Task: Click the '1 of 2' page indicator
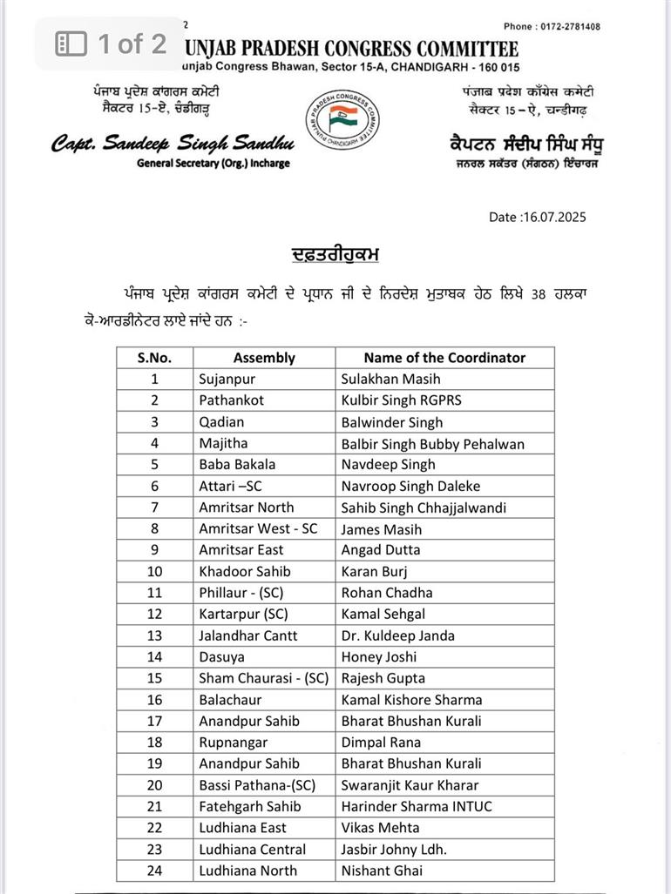tap(112, 44)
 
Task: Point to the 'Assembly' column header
tap(264, 357)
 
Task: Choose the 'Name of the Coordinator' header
tap(444, 357)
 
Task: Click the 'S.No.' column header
tap(154, 357)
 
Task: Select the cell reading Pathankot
tap(231, 400)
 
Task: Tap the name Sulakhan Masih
tap(390, 379)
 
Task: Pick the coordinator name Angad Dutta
tap(380, 549)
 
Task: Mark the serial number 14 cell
tap(154, 656)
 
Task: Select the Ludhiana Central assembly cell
tap(252, 849)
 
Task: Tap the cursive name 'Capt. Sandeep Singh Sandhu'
tap(172, 144)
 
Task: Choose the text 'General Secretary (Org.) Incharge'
tap(213, 164)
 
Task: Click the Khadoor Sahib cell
tap(244, 571)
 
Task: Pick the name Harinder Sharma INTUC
tap(416, 806)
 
